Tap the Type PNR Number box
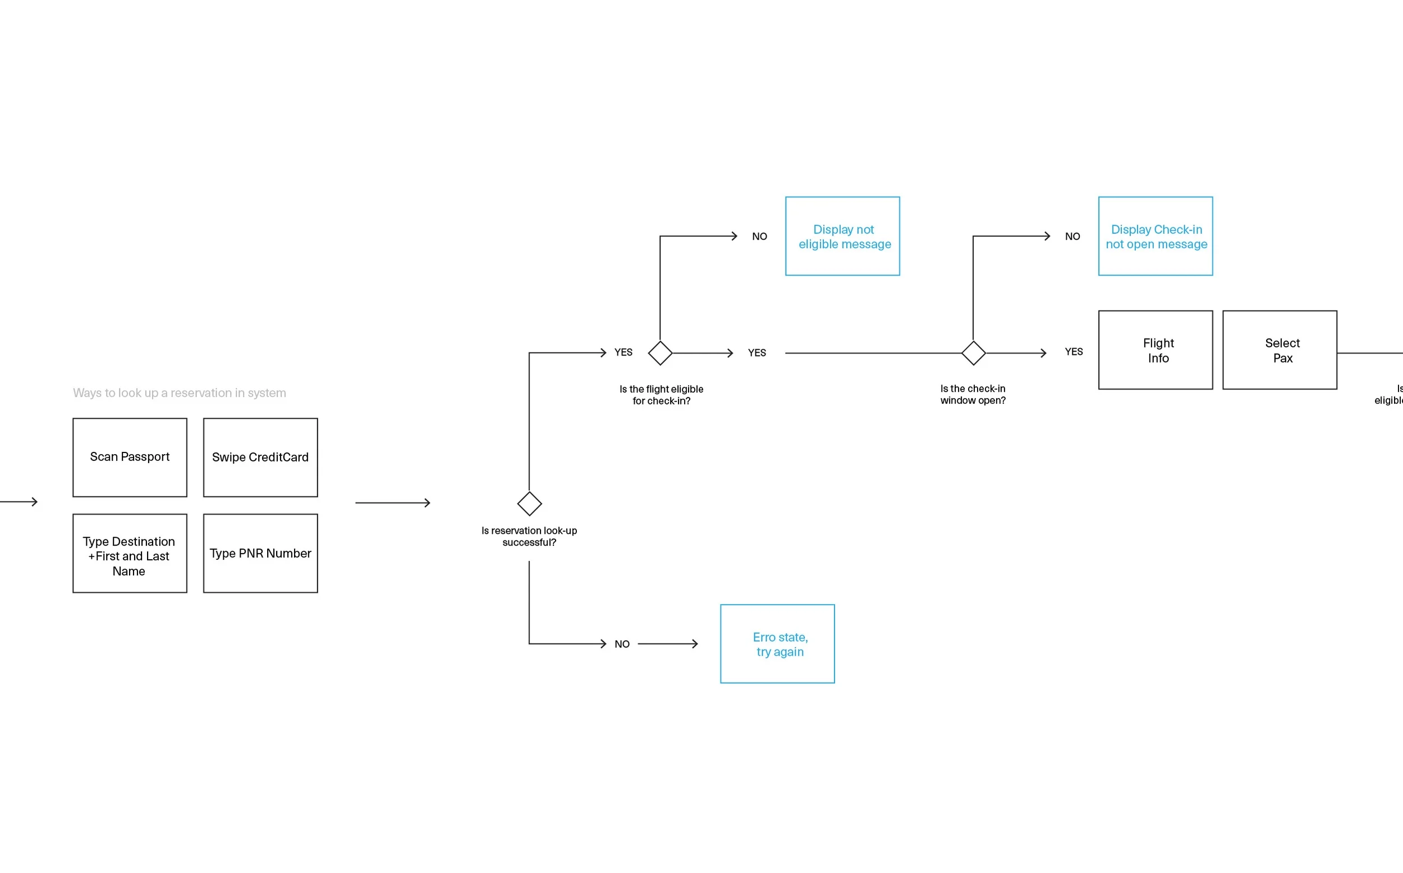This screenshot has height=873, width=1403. (260, 552)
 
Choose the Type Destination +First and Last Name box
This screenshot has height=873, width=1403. (130, 552)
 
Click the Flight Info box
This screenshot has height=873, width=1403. (1155, 350)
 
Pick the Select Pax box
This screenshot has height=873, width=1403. (1279, 350)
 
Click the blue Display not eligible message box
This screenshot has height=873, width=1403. (842, 236)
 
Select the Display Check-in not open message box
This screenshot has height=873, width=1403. (1155, 236)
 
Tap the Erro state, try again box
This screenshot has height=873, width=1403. (777, 644)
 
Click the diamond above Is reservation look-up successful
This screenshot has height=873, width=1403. (529, 504)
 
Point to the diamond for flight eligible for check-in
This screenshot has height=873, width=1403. (659, 353)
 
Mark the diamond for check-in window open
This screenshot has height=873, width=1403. (973, 353)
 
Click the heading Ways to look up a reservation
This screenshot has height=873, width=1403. (180, 392)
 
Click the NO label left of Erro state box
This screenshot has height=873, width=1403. (622, 644)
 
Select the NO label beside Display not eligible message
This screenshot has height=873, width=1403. (759, 236)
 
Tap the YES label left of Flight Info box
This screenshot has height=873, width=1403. (1073, 351)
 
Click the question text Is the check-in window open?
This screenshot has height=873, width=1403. (973, 394)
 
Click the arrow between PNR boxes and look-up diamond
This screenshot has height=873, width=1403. (392, 503)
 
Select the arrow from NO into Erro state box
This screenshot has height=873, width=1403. (668, 643)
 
